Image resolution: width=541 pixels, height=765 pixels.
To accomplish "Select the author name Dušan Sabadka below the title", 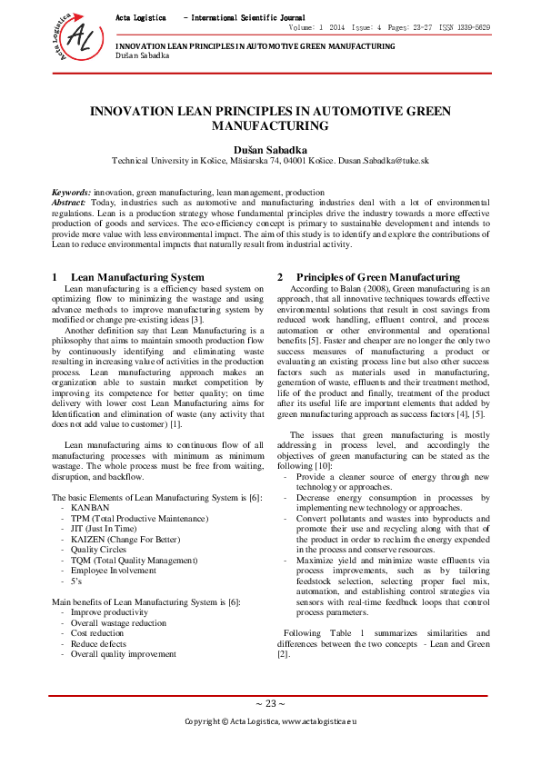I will [270, 145].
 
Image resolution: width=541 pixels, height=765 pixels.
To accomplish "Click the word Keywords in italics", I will [70, 193].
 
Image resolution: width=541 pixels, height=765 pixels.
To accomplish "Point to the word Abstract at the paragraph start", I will [70, 203].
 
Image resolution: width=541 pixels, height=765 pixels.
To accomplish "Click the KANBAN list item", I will [90, 508].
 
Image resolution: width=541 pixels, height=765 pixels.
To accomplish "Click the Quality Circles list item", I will [102, 549].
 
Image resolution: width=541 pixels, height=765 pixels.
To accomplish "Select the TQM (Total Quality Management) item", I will [133, 560].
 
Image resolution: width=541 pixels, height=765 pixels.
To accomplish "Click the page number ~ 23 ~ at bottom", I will [270, 703].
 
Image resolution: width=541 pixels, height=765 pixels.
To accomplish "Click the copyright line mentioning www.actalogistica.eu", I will [271, 720].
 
